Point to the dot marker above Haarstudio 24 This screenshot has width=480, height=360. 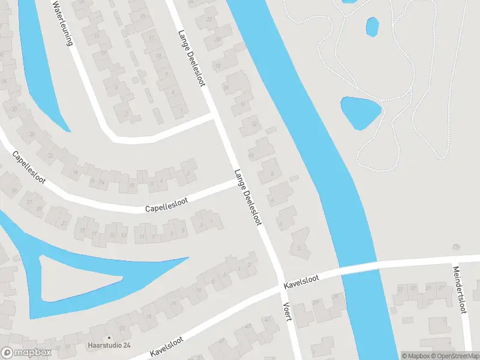pyautogui.click(x=109, y=337)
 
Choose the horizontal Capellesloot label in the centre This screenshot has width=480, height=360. pyautogui.click(x=166, y=205)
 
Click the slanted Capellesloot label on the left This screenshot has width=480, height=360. pyautogui.click(x=28, y=167)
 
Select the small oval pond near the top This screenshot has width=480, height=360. pyautogui.click(x=373, y=26)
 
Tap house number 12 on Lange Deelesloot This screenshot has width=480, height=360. pyautogui.click(x=254, y=125)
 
